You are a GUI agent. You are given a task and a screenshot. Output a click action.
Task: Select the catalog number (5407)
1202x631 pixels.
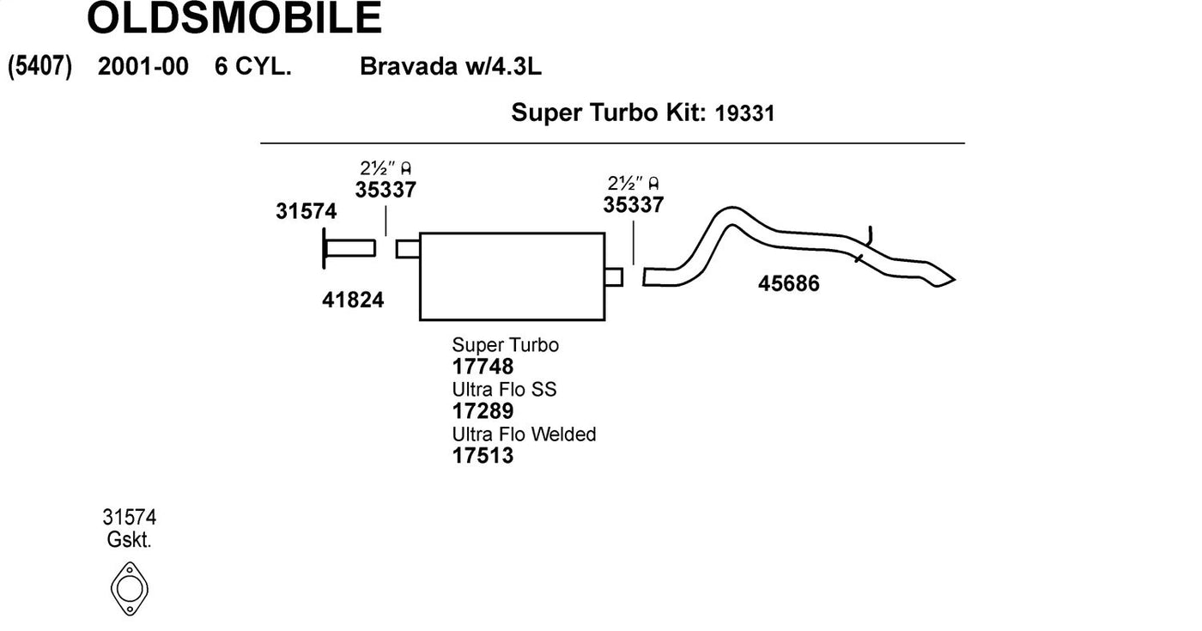(x=39, y=67)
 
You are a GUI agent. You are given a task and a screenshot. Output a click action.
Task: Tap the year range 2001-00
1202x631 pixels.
(x=143, y=67)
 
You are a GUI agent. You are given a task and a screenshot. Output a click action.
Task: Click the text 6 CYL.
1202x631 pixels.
(x=253, y=67)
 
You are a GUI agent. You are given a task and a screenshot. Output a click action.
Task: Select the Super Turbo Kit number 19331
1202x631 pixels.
(x=745, y=113)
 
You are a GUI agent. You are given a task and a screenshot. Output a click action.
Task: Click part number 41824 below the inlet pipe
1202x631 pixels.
(x=353, y=300)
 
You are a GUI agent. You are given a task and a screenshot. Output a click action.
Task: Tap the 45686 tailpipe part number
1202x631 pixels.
(x=789, y=283)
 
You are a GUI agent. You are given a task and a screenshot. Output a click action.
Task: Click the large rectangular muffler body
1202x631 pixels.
(x=513, y=276)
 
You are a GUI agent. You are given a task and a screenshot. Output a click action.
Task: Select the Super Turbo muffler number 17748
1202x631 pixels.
(x=483, y=367)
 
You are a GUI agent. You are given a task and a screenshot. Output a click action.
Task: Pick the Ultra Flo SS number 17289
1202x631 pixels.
(x=483, y=411)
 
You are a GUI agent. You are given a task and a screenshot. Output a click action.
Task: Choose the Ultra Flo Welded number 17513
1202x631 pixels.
(x=483, y=456)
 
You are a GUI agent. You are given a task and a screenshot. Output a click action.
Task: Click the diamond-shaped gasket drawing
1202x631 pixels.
(x=130, y=563)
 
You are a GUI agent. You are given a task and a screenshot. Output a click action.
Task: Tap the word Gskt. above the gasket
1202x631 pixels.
(x=130, y=540)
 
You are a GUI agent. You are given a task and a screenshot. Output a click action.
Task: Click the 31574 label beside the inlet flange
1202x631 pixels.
(x=307, y=211)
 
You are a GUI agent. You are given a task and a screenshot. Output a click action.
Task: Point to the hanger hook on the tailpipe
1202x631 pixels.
(x=869, y=236)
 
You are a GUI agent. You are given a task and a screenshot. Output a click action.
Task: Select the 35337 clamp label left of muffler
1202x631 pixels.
(x=385, y=190)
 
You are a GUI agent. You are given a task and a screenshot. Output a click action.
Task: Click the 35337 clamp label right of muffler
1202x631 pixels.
(x=634, y=205)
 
